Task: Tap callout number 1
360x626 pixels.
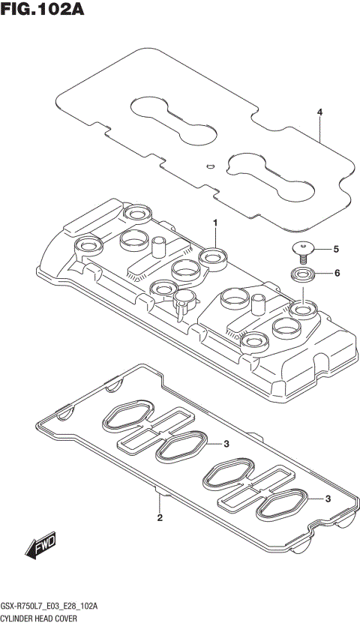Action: tap(214, 223)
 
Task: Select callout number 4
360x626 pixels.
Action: tap(319, 112)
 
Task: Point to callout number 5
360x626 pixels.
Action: tap(336, 249)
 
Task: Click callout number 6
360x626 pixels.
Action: tap(337, 273)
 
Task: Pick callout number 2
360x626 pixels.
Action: tap(160, 518)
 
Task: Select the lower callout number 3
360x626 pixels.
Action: tap(328, 499)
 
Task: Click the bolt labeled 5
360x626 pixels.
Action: tap(303, 249)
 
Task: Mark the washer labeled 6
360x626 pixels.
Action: tap(304, 274)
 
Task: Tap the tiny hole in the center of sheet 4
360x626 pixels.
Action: tap(211, 166)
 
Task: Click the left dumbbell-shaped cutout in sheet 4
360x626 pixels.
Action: tap(172, 116)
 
